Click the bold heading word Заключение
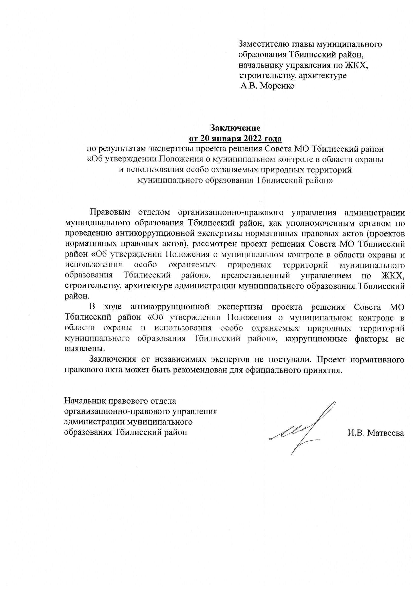pyautogui.click(x=235, y=128)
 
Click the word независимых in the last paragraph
pyautogui.click(x=180, y=360)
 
